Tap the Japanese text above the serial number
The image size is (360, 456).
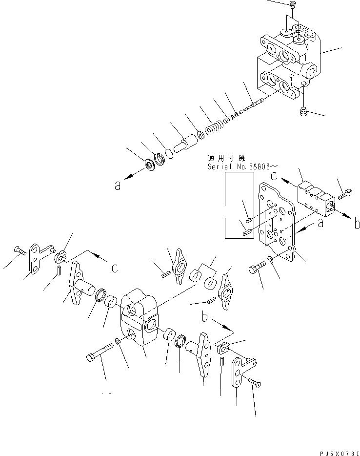click(227, 158)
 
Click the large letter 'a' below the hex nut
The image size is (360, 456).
click(118, 186)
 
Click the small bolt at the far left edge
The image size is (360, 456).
click(19, 250)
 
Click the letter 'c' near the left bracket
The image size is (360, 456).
click(114, 268)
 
